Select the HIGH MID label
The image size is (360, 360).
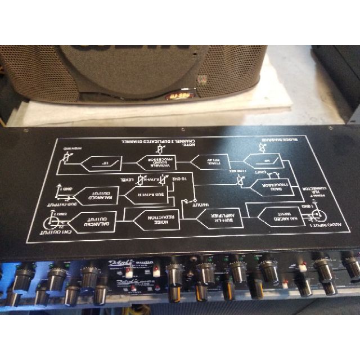point(73,148)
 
